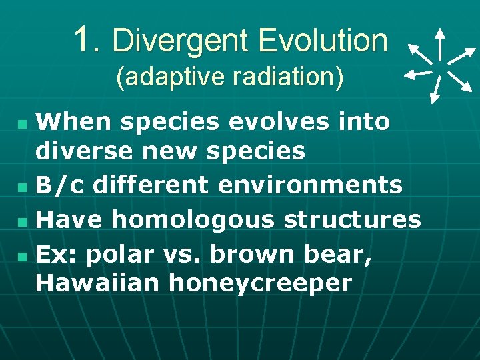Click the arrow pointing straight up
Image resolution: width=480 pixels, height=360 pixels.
[x=440, y=44]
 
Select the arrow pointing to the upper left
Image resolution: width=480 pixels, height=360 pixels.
[x=419, y=53]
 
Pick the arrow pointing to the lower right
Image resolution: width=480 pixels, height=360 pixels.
[x=460, y=81]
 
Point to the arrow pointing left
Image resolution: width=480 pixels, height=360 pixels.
[x=418, y=73]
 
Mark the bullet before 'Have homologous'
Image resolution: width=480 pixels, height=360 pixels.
[x=23, y=219]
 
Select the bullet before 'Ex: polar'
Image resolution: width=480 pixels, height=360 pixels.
[x=23, y=255]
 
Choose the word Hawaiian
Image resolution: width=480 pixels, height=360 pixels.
[x=97, y=283]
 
